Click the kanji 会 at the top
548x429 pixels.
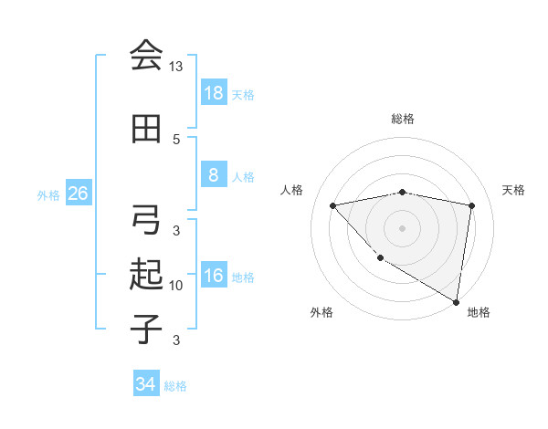145,56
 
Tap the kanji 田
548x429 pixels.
145,130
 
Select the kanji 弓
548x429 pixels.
145,220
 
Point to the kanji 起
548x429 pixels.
145,275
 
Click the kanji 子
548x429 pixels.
145,328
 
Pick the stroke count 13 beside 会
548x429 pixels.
176,67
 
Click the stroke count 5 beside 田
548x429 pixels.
176,139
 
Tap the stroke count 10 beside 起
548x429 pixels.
176,286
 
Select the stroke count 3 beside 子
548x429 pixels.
176,340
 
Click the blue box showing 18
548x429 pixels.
213,92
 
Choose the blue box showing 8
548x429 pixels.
213,175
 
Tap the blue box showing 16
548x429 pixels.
213,276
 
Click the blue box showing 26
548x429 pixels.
78,194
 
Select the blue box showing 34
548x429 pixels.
145,384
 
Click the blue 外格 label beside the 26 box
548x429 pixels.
48,194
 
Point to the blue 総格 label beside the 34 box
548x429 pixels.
175,385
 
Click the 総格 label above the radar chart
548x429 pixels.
403,119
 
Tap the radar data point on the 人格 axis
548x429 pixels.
333,205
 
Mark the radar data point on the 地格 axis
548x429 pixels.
456,301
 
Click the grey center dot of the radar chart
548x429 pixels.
403,227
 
